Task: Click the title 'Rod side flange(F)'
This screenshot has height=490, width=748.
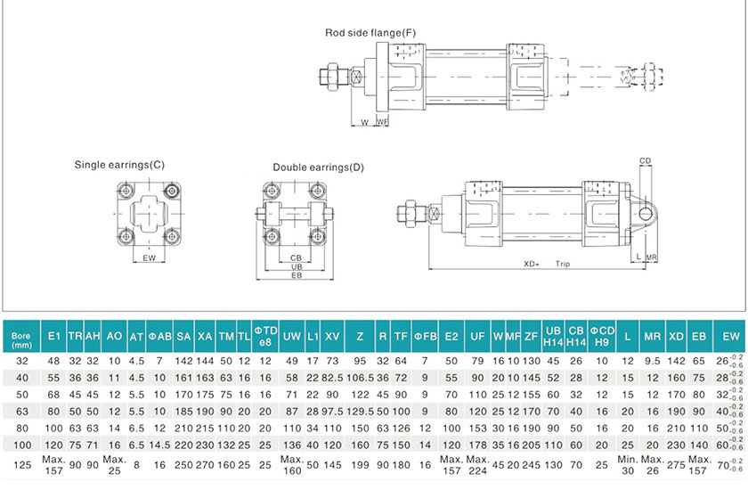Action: tap(370, 33)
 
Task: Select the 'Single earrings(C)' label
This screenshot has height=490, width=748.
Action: tap(119, 164)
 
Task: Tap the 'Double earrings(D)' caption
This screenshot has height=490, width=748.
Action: tap(318, 167)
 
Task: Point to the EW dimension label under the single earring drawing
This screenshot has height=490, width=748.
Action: tap(150, 258)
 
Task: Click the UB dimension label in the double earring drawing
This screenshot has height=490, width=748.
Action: tap(296, 266)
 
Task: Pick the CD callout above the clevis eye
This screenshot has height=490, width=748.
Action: tap(646, 161)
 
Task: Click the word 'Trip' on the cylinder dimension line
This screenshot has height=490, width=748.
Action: tap(563, 264)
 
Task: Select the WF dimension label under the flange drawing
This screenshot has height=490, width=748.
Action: tap(382, 122)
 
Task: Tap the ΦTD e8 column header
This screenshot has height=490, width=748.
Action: tap(265, 336)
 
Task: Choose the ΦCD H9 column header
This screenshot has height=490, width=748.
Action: tap(602, 336)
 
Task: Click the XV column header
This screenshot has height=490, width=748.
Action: tap(332, 336)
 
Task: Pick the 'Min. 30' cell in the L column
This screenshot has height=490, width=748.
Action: tap(627, 463)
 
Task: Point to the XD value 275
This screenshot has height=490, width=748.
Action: tap(677, 463)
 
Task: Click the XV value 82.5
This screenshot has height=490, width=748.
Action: tap(332, 378)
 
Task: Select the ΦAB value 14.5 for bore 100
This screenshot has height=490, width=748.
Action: tap(159, 444)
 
